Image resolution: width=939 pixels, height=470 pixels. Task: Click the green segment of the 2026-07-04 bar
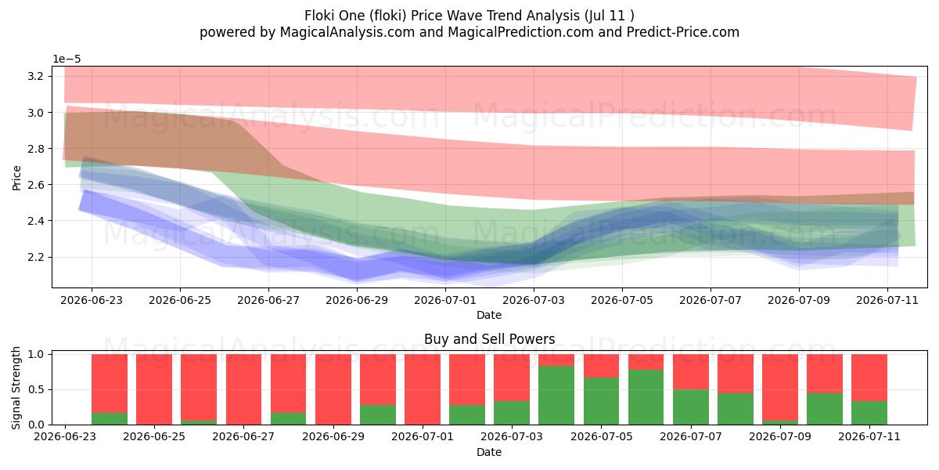[x=556, y=396]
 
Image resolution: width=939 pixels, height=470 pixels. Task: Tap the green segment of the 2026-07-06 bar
[x=646, y=397]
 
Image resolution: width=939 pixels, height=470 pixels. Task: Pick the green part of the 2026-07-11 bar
[x=869, y=413]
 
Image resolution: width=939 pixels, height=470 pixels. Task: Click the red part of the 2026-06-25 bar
[x=154, y=389]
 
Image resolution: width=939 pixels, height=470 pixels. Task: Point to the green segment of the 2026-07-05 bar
[x=601, y=401]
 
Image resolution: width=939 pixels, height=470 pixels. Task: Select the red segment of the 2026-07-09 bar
[x=779, y=387]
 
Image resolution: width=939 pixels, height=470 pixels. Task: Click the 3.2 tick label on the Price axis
[x=35, y=76]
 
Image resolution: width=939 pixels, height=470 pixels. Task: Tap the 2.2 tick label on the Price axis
[x=35, y=257]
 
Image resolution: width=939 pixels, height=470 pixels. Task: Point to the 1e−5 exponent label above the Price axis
[x=67, y=60]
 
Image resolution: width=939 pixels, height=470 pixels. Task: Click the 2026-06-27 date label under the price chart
[x=268, y=301]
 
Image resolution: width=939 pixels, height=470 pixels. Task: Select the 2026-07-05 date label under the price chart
[x=622, y=301]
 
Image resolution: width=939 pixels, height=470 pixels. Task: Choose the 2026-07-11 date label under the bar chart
[x=869, y=436]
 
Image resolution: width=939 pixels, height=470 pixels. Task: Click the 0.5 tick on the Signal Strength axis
[x=35, y=389]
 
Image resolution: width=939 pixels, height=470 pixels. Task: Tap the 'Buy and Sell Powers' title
[x=489, y=339]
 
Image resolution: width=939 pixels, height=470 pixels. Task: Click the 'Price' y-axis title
[x=16, y=178]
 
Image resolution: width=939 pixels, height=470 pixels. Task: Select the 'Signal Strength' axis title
[x=16, y=388]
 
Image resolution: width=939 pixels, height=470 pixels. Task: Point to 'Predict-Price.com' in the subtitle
[x=683, y=32]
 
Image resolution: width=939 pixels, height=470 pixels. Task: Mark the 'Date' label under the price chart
[x=489, y=315]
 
